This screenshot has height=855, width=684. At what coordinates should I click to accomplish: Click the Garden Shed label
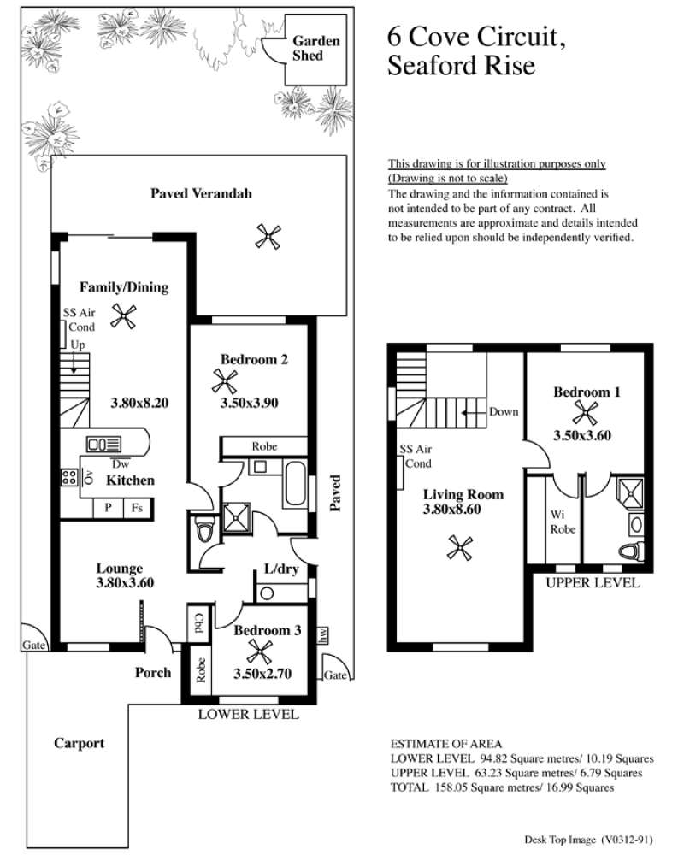[315, 48]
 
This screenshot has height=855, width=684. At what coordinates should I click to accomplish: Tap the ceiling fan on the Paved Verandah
[268, 237]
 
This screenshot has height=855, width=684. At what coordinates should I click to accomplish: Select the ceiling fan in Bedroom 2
[224, 381]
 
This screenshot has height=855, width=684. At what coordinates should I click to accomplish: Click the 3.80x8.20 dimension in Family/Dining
[139, 403]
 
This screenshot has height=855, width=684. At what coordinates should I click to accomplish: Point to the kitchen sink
[103, 445]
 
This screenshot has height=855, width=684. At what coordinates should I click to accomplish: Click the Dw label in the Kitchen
[121, 464]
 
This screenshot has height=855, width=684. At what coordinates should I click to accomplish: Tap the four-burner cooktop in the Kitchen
[68, 477]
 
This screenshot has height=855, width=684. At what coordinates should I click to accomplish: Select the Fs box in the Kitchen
[137, 508]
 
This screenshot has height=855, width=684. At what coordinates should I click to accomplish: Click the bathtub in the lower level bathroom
[295, 483]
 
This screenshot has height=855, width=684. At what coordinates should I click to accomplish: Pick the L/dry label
[281, 569]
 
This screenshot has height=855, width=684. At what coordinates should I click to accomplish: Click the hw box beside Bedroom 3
[322, 634]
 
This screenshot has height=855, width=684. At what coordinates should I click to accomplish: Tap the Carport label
[80, 743]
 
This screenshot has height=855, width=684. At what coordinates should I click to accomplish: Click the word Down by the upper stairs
[504, 412]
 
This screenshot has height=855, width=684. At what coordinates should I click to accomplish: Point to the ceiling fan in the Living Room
[460, 547]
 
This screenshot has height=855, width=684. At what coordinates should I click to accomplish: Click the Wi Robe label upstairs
[563, 522]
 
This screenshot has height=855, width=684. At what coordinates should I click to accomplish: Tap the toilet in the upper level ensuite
[632, 551]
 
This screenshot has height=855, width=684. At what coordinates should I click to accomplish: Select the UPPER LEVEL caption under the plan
[593, 583]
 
